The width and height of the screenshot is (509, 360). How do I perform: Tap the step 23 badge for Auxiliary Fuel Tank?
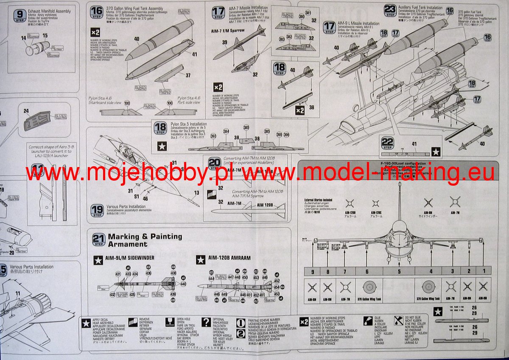pyautogui.click(x=390, y=10)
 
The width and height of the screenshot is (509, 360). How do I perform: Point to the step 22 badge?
pyautogui.click(x=388, y=143)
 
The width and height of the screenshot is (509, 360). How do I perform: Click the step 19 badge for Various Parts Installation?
pyautogui.click(x=97, y=210)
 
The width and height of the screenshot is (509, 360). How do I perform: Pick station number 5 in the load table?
pyautogui.click(x=399, y=271)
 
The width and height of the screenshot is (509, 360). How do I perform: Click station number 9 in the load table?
pyautogui.click(x=312, y=271)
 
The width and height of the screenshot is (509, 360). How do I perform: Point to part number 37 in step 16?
pyautogui.click(x=187, y=75)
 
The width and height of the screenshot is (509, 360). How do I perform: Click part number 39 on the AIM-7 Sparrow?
pyautogui.click(x=224, y=41)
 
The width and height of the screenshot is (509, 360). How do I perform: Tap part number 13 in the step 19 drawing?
pyautogui.click(x=196, y=193)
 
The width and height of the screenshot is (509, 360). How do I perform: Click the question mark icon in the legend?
pyautogui.click(x=206, y=322)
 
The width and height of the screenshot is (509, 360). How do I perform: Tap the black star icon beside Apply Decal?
pyautogui.click(x=86, y=322)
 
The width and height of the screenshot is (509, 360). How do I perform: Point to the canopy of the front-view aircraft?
pyautogui.click(x=401, y=226)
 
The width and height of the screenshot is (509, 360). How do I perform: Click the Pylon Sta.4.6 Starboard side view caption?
pyautogui.click(x=105, y=100)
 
